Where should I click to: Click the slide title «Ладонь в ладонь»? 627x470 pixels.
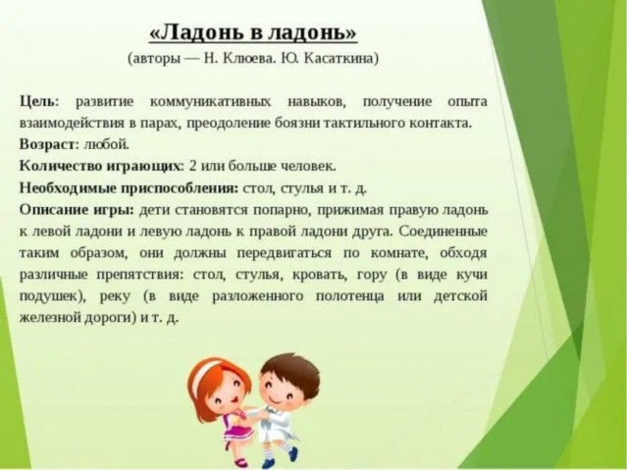coord(253,32)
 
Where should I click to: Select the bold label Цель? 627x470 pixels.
coord(36,102)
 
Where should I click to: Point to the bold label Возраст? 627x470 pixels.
coord(47,144)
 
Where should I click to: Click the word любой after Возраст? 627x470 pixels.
coord(106,144)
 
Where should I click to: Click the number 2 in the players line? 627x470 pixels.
coord(192,166)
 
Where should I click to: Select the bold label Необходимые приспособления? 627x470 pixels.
coord(129,188)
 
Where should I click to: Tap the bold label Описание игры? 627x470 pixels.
coord(77,210)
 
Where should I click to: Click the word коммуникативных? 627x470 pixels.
coord(211,102)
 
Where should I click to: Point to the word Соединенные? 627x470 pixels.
coord(444,232)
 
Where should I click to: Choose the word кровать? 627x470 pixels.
coord(320,275)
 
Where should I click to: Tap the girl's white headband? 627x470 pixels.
coord(209,371)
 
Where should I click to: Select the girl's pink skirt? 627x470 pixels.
coord(239,434)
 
